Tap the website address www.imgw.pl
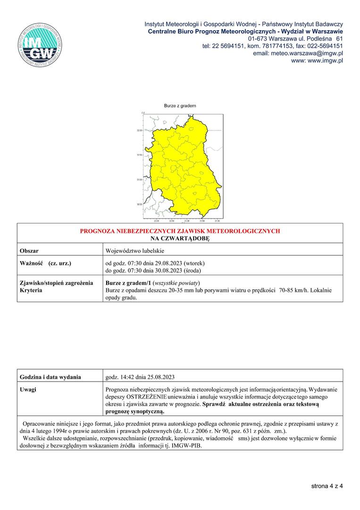pos(317,61)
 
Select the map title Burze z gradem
pos(180,106)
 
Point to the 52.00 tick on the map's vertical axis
pos(139,130)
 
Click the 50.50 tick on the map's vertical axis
pos(139,204)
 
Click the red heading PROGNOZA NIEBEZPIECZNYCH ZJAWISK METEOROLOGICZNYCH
pos(180,231)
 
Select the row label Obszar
pos(29,250)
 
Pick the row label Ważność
pos(32,263)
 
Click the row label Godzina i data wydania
pos(50,377)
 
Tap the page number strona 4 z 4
pos(327,485)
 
